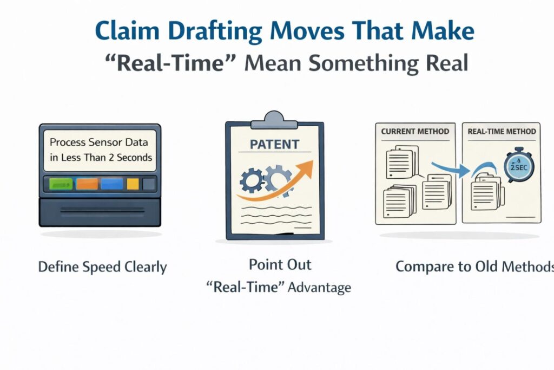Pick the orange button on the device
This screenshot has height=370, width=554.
coord(87,184)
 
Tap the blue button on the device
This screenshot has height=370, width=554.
coord(111,184)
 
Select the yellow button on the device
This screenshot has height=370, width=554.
coord(133,184)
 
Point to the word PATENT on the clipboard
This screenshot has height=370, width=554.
coord(275,145)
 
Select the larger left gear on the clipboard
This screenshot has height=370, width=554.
coord(251,181)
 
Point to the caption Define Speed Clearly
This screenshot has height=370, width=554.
coord(102,267)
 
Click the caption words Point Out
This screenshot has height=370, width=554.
coord(280,265)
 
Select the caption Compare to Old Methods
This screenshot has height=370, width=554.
coord(474,267)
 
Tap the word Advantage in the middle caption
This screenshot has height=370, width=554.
coord(319,287)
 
